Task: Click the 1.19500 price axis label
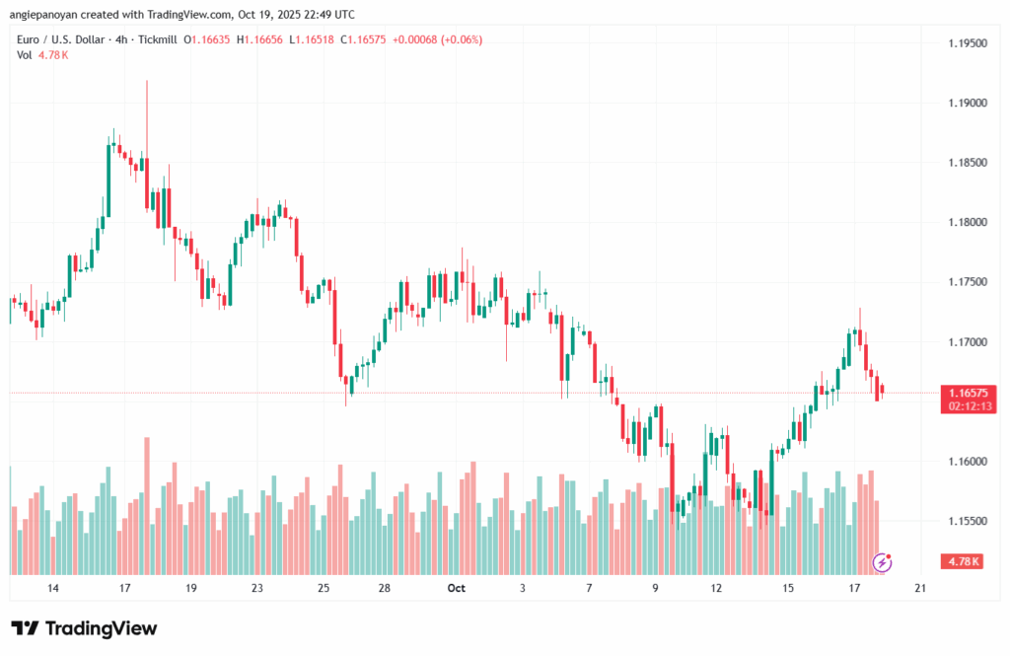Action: tap(966, 44)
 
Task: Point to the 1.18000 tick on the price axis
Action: tap(966, 222)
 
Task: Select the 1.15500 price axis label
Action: tap(966, 521)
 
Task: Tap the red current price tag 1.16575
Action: tap(966, 393)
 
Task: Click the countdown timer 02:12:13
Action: tap(966, 405)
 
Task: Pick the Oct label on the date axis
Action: tap(456, 588)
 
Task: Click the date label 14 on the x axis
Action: tap(53, 588)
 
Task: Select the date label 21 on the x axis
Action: tap(920, 588)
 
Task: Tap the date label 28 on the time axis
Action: tap(385, 588)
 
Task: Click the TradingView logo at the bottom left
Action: tap(84, 628)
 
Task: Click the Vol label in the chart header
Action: tap(25, 55)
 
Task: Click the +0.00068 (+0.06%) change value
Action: tap(438, 39)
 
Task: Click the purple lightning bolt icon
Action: tap(883, 562)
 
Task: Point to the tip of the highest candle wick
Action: tap(147, 81)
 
